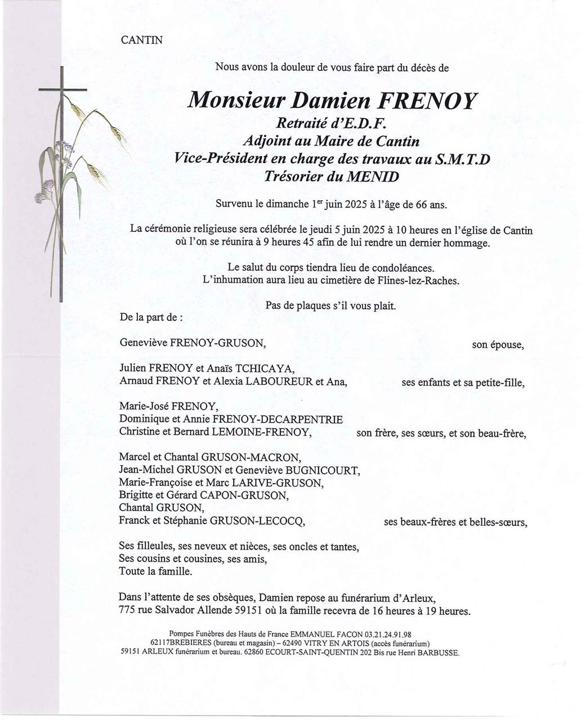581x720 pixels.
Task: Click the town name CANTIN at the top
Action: [x=141, y=40]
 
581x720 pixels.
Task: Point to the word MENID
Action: [x=371, y=177]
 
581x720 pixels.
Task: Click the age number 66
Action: [x=421, y=205]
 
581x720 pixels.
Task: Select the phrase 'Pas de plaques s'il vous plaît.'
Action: [x=330, y=307]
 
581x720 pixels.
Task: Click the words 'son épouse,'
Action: [x=498, y=344]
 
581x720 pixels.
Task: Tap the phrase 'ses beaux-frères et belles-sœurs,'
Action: [x=455, y=522]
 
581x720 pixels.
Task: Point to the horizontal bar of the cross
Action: [x=62, y=90]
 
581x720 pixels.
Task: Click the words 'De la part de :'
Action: [x=151, y=317]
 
